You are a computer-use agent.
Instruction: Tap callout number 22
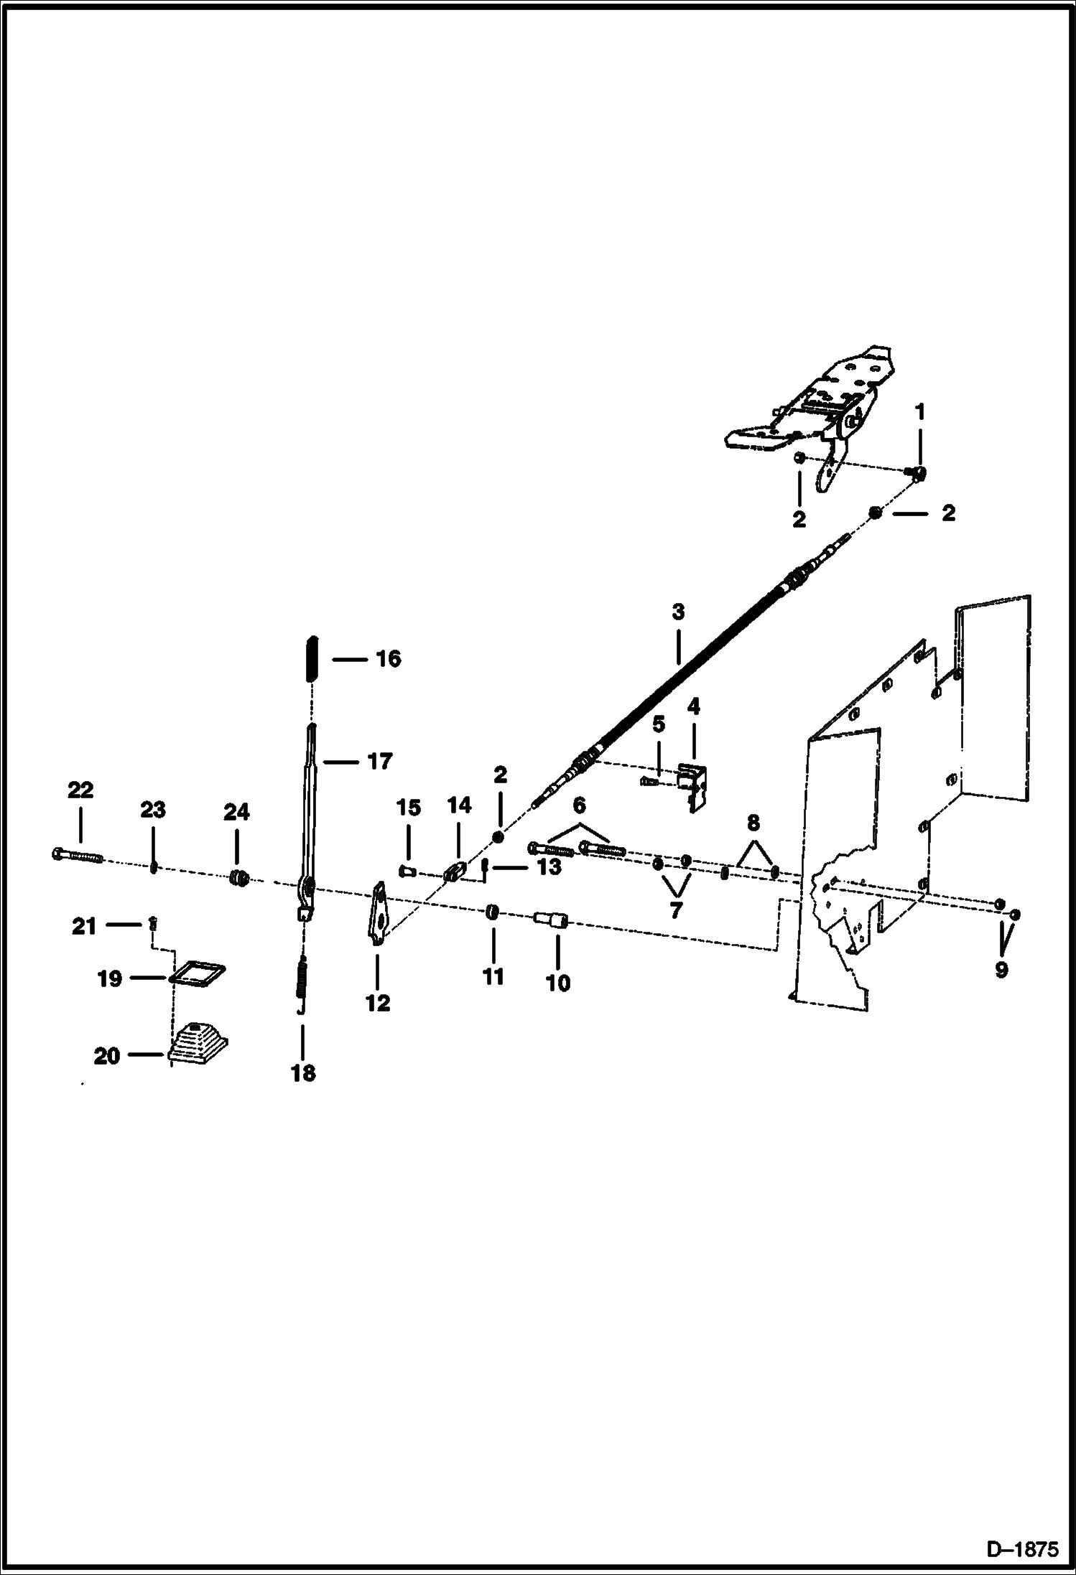(80, 790)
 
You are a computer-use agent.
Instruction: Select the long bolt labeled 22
(78, 856)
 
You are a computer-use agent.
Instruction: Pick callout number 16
(389, 659)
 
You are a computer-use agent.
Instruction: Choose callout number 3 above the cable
(678, 612)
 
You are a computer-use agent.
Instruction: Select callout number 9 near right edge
(1001, 970)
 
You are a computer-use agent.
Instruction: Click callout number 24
(236, 812)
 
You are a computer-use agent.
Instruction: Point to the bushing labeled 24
(238, 877)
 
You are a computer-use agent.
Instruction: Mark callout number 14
(460, 805)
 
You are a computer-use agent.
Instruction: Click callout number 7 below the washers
(675, 910)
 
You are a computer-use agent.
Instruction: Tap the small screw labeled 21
(152, 923)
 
